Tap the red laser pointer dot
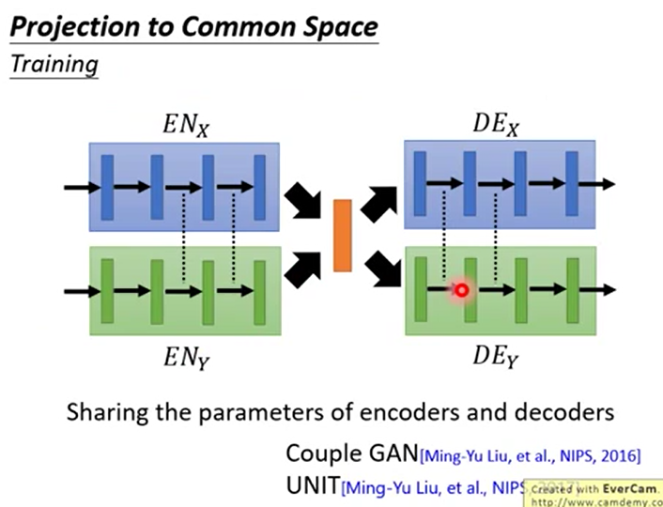pos(461,290)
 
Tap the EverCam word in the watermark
pos(625,489)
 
